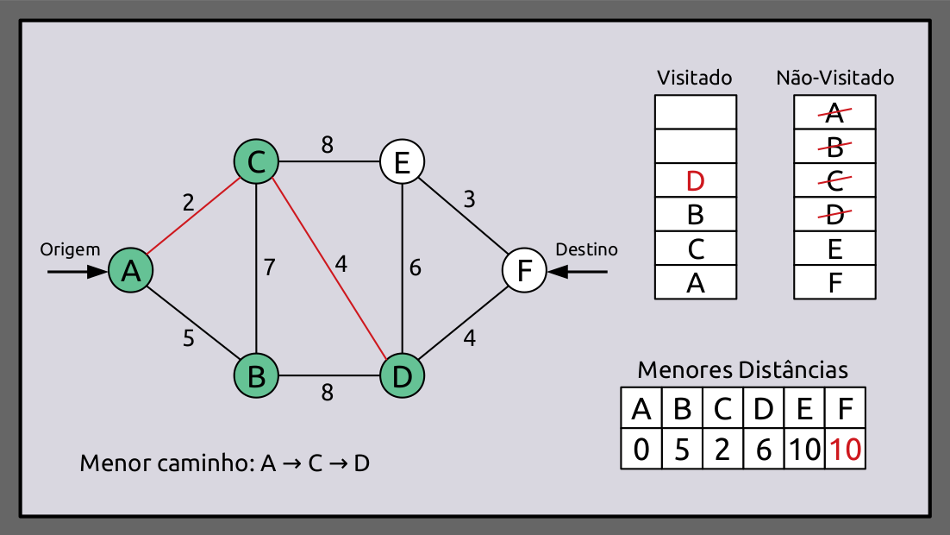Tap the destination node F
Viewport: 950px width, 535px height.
click(x=524, y=271)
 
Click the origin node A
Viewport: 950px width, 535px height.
click(x=131, y=271)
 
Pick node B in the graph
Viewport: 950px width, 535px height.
click(x=256, y=376)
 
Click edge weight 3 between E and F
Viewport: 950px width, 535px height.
click(x=469, y=200)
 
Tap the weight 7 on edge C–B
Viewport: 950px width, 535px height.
click(x=270, y=267)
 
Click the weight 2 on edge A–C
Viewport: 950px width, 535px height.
click(x=188, y=204)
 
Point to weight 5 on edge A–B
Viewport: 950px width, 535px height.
click(x=189, y=338)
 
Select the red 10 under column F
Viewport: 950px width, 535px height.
click(x=845, y=450)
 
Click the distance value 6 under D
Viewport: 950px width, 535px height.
click(x=763, y=450)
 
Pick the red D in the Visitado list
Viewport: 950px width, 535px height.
click(x=696, y=181)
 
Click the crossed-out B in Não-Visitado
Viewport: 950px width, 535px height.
click(x=834, y=147)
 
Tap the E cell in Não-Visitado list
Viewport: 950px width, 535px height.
click(x=834, y=249)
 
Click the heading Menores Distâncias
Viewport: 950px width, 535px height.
click(x=742, y=370)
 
